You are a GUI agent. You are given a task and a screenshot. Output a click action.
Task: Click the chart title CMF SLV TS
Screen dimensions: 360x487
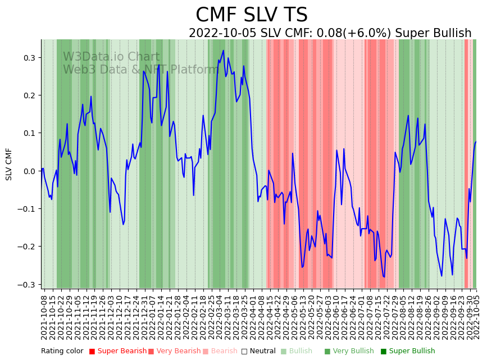[252, 15]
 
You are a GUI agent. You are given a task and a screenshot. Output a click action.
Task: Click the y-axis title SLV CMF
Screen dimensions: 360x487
[9, 164]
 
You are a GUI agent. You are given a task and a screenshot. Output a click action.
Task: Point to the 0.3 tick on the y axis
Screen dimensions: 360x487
[29, 58]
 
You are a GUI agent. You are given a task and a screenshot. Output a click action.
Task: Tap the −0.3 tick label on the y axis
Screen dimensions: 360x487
[27, 285]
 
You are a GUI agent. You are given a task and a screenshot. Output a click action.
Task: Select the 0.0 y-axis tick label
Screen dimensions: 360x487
[29, 171]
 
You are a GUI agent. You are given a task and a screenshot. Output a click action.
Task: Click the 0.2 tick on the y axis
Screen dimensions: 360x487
[29, 95]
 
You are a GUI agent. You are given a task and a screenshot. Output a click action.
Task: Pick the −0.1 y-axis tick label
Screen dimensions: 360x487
[27, 209]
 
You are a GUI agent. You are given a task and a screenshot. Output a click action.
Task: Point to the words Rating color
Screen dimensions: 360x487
[62, 351]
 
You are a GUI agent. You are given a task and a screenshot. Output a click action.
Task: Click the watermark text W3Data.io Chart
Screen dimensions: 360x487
[111, 57]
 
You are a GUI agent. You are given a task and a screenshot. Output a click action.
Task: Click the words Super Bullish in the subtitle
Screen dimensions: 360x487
[433, 33]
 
